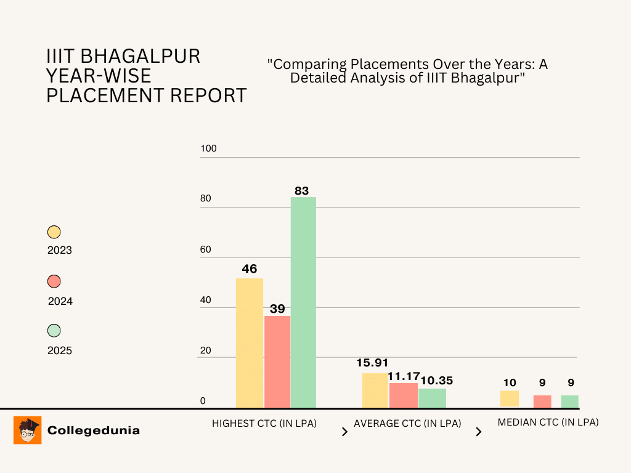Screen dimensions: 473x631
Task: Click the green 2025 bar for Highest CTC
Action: [x=303, y=302]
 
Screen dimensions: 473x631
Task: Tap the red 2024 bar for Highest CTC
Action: [x=277, y=362]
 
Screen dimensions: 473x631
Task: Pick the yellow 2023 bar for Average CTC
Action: [x=375, y=390]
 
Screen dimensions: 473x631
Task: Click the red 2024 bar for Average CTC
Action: [x=403, y=395]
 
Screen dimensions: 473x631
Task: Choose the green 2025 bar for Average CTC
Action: [x=432, y=398]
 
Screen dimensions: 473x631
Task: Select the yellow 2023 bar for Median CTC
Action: [x=509, y=398]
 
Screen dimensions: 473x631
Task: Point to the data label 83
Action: [x=301, y=191]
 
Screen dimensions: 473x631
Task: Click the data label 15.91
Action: [x=373, y=363]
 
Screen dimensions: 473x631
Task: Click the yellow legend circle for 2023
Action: [x=54, y=232]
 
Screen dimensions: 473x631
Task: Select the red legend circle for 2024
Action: [x=54, y=281]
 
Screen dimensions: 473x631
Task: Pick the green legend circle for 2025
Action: [x=54, y=331]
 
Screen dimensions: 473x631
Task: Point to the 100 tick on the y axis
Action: [x=209, y=149]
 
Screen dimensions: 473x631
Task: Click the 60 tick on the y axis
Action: [x=206, y=249]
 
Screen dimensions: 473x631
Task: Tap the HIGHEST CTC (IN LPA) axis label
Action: [x=264, y=424]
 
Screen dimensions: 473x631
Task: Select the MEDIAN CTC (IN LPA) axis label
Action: [x=548, y=422]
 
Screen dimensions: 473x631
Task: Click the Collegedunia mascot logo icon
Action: [x=27, y=430]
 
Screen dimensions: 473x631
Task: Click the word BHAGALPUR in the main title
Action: [x=141, y=57]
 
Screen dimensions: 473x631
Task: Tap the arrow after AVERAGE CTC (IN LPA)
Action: [x=478, y=432]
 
